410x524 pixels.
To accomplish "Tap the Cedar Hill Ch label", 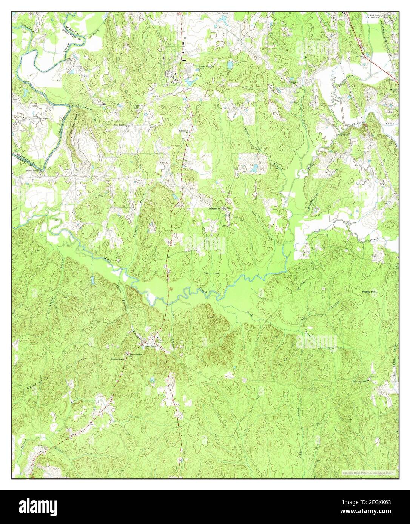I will pyautogui.click(x=214, y=208).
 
